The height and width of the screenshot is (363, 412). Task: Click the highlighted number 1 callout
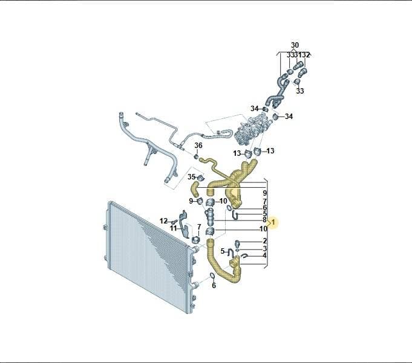point(273,222)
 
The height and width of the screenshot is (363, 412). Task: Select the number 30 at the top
point(295,45)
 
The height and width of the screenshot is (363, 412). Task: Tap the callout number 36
point(198,146)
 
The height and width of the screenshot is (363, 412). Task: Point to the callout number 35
point(191,177)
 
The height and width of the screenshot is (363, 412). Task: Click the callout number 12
point(164,221)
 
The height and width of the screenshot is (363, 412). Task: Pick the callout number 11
point(173,228)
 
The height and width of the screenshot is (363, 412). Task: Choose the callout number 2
point(264,241)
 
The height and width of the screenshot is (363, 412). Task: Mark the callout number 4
point(264,255)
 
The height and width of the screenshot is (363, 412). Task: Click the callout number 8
point(264,220)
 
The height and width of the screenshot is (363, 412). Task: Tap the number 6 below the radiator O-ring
point(214,285)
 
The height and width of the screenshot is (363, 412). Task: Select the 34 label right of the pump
point(289,117)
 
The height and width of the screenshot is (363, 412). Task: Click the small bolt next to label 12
point(173,222)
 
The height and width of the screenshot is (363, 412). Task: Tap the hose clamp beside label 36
point(196,157)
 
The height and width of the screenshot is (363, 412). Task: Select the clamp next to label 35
point(201,178)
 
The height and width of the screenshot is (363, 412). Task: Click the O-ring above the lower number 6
point(212,276)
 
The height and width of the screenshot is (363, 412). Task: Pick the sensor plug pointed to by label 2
point(237,243)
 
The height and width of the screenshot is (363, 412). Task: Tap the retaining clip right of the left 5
point(231,252)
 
